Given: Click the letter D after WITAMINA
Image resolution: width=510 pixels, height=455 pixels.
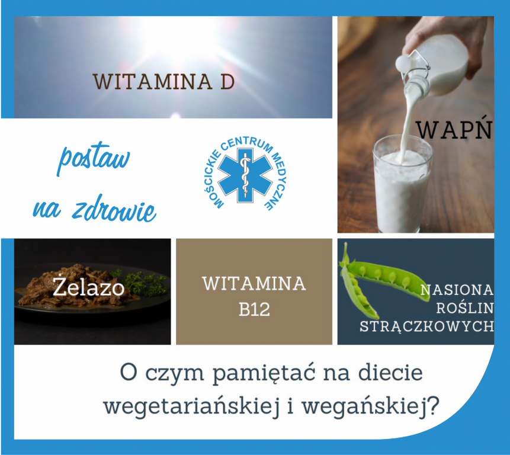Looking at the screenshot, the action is pyautogui.click(x=227, y=81).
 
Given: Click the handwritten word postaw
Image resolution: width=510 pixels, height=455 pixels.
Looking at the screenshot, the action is pyautogui.click(x=94, y=158).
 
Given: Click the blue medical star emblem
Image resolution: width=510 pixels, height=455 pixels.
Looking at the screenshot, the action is pyautogui.click(x=245, y=175).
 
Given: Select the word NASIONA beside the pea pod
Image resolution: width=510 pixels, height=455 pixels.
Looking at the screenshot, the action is pyautogui.click(x=457, y=290).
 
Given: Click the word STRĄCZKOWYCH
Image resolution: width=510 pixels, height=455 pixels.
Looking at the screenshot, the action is pyautogui.click(x=426, y=326).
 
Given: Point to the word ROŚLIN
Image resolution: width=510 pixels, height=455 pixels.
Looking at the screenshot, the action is pyautogui.click(x=465, y=308).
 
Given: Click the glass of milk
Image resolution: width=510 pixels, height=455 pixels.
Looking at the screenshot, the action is pyautogui.click(x=402, y=184).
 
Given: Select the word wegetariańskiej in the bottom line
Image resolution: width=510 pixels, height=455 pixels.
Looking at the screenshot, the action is pyautogui.click(x=192, y=406).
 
